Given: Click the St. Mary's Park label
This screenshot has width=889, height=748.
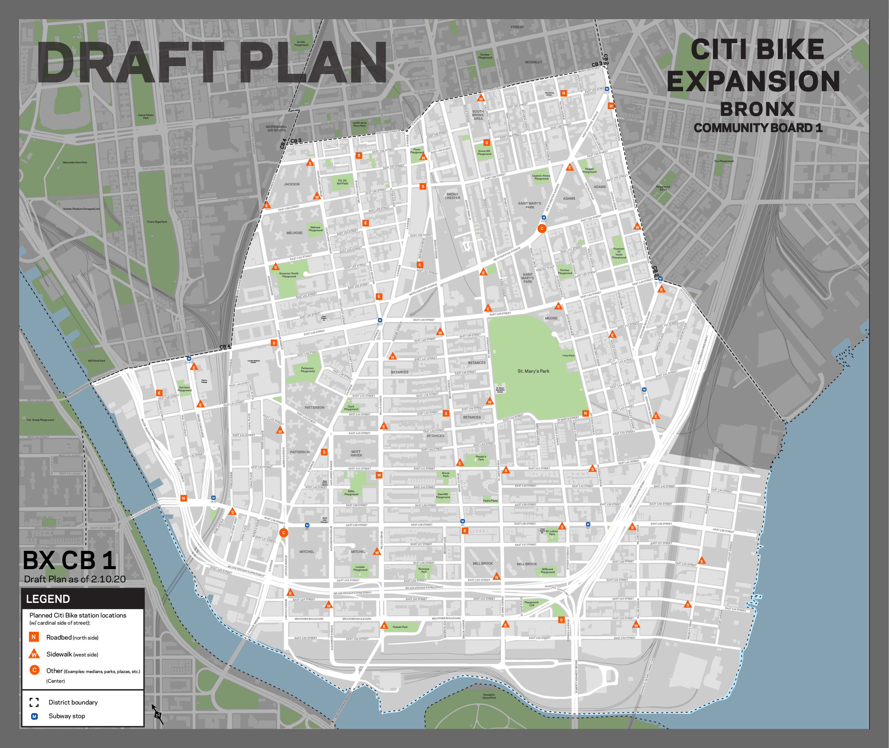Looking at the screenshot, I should coord(533,371).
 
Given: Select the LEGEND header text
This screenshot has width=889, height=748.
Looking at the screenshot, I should coord(48,599).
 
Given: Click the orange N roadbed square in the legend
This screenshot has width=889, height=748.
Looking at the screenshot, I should coord(34,637).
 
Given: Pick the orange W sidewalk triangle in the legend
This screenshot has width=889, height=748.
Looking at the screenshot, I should coord(34,654).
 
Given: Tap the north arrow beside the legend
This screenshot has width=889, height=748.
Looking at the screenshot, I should coord(157,714).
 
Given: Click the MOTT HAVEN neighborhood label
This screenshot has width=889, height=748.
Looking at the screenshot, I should coord(356,453).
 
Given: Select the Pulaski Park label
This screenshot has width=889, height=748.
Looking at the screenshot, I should coord(400,627).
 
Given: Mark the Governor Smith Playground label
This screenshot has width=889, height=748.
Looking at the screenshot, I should coord(289,275).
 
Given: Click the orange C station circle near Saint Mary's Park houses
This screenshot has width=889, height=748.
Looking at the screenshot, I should coord(542,229).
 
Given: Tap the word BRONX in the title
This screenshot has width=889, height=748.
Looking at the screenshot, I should coord(757,109).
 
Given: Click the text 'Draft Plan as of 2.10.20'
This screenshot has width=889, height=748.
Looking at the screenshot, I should coord(75,579).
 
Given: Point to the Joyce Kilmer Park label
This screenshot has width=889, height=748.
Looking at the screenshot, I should coord(146,116).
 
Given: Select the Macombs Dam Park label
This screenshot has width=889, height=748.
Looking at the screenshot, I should coord(75,162).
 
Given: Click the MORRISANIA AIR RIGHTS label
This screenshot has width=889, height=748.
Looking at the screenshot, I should coord(276,129).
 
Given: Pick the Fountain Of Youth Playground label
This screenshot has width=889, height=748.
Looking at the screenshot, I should coord(619,253).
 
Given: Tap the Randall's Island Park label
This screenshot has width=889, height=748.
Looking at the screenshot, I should coord(489,696).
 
